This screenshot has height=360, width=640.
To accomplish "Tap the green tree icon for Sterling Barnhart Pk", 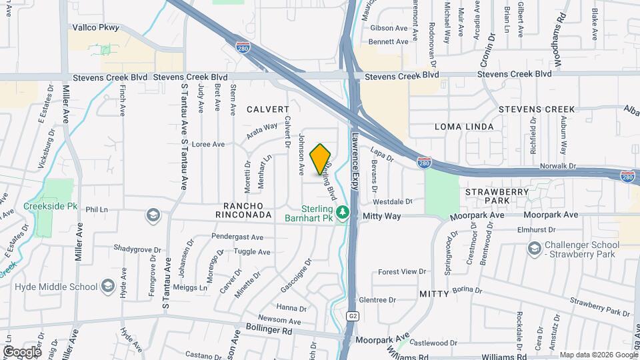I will click(x=343, y=213).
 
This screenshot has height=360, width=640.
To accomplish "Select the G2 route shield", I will click(x=353, y=315).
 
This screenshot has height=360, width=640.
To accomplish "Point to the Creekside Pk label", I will click(x=51, y=207).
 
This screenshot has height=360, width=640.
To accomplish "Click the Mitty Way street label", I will click(x=382, y=216).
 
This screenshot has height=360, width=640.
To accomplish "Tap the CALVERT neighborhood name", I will click(x=268, y=109).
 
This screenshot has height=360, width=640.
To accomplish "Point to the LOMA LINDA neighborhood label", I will click(x=464, y=127).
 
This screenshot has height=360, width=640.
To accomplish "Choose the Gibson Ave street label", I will click(x=389, y=28).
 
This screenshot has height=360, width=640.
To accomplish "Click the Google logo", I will click(x=22, y=351).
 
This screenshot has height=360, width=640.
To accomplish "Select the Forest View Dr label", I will click(x=401, y=271).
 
